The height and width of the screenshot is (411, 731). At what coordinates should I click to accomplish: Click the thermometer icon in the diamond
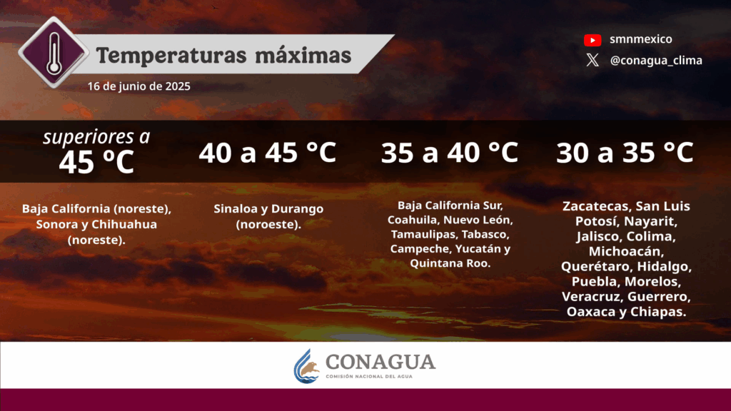click(x=54, y=54)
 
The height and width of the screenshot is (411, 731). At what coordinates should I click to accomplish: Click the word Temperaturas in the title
click(x=171, y=56)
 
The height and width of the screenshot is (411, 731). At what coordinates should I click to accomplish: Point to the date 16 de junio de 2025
click(x=139, y=86)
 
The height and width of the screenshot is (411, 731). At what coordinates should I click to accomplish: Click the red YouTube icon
click(x=593, y=40)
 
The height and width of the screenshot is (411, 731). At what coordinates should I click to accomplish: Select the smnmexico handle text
click(x=641, y=39)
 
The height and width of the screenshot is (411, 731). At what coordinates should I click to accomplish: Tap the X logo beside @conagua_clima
click(x=593, y=60)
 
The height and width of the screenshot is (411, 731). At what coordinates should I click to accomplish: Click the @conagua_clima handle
click(x=656, y=61)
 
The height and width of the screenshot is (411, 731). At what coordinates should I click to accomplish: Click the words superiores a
click(x=97, y=136)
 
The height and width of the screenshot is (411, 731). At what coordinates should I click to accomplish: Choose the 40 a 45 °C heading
click(x=268, y=153)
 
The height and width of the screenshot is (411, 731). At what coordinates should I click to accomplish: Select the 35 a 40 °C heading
click(x=450, y=153)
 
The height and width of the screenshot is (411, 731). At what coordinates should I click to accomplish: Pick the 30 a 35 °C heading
click(x=625, y=153)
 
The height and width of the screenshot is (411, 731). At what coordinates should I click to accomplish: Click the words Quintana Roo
click(x=450, y=263)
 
